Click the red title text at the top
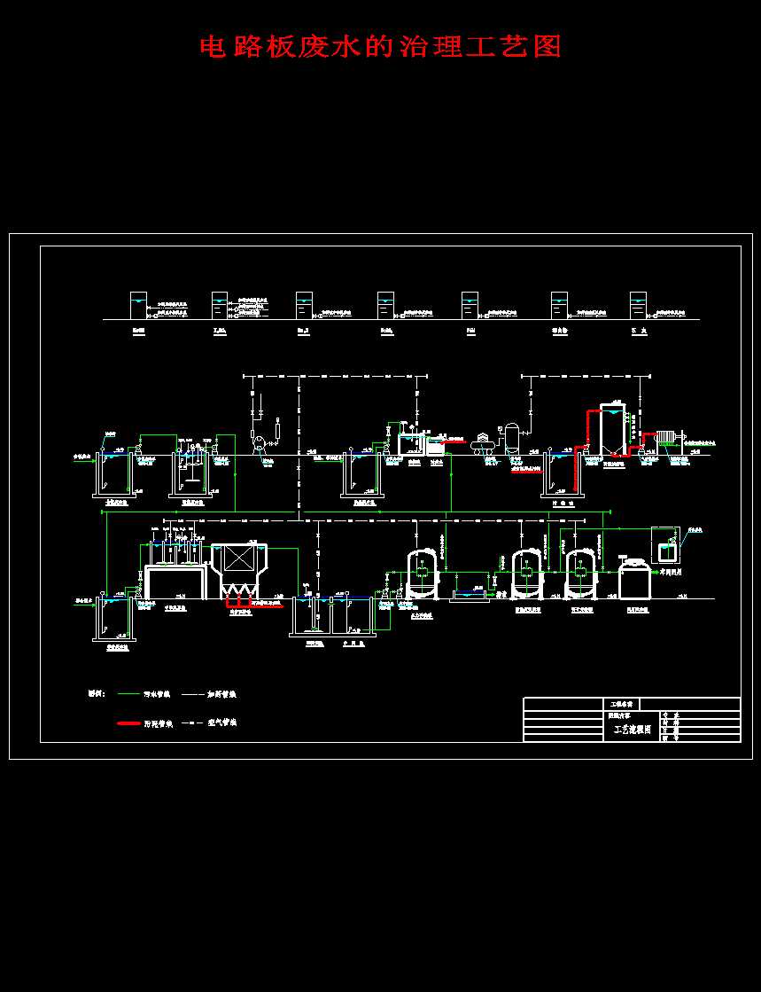point(380,46)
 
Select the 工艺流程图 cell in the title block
point(632,730)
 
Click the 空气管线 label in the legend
point(221,723)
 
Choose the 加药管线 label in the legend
point(221,694)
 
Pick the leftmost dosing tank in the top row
point(139,305)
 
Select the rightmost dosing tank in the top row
point(638,305)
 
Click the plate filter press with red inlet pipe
point(668,441)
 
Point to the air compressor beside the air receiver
point(484,441)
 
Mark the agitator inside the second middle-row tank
point(190,464)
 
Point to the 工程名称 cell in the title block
point(620,703)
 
